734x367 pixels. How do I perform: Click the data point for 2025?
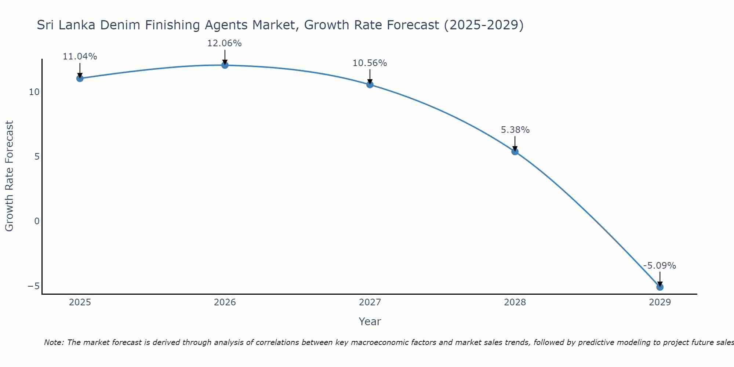coord(80,78)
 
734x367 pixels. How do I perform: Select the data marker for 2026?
coord(225,65)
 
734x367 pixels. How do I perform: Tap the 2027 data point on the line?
coord(370,84)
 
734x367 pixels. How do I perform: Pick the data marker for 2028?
coord(515,151)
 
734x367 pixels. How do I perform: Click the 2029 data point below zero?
coord(660,287)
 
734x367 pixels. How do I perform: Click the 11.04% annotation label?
coord(80,57)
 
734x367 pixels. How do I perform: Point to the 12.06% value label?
coord(225,43)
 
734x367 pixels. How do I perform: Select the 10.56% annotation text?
coord(370,63)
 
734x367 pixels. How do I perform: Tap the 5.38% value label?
coord(515,130)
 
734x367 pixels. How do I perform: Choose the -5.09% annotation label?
coord(659,266)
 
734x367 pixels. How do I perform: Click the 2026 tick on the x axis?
coord(225,302)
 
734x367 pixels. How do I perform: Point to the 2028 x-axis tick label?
coord(515,302)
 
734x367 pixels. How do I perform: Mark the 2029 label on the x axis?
coord(660,302)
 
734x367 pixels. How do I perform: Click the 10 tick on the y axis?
coord(34,92)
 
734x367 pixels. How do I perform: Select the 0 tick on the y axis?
coord(37,221)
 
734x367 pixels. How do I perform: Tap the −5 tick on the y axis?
coord(34,286)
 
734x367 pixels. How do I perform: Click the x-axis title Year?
coord(370,321)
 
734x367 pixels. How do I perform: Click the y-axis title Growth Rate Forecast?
coord(9,176)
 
